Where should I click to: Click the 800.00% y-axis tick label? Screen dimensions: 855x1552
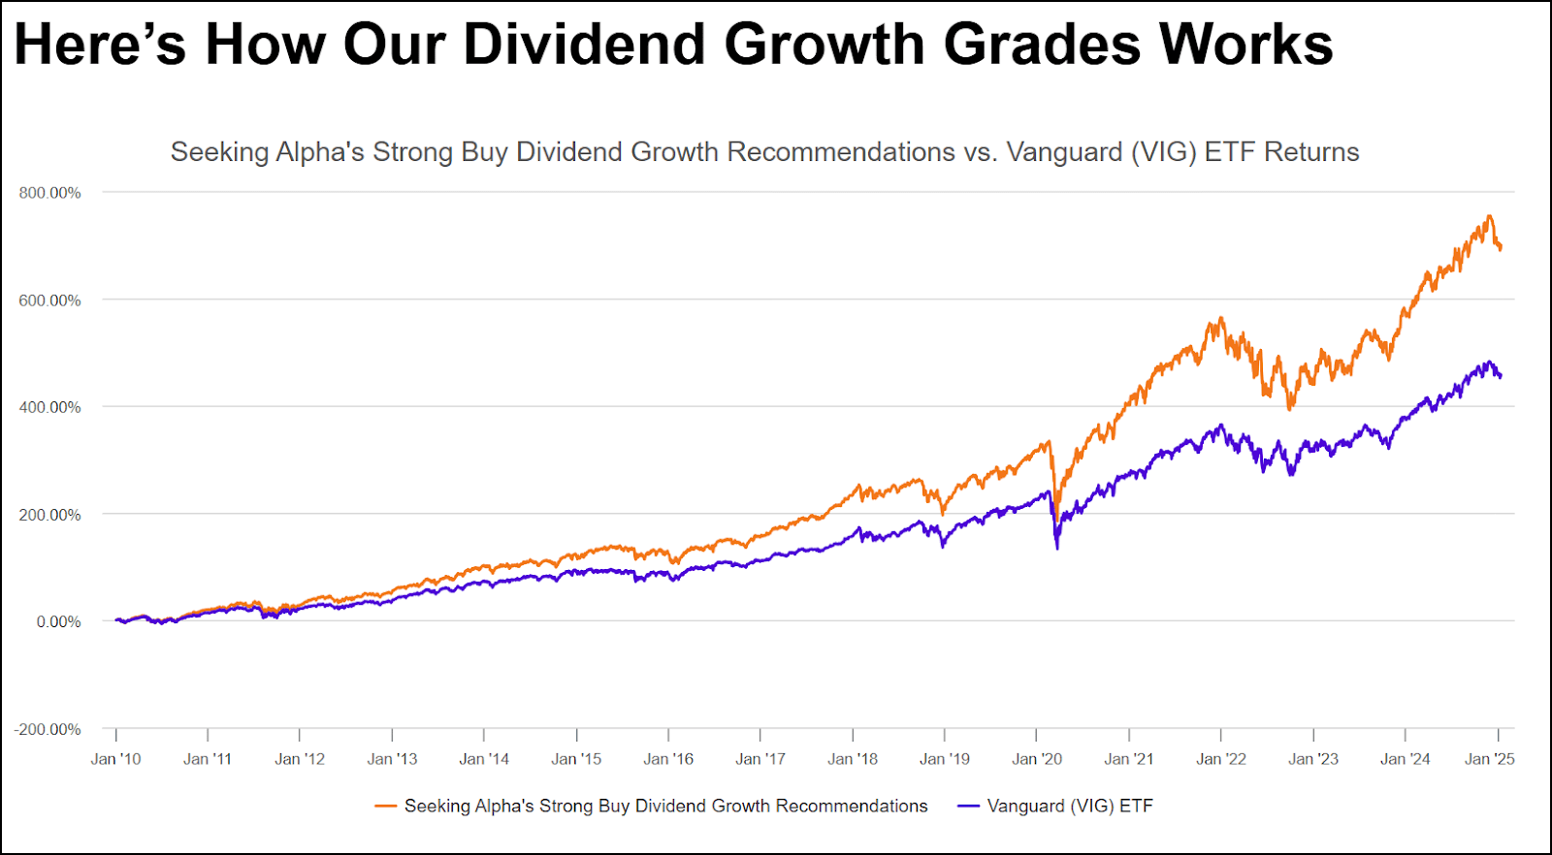49,193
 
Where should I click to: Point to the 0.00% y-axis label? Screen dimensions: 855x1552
58,621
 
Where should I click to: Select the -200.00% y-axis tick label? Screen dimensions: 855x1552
48,729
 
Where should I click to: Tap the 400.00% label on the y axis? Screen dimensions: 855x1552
49,407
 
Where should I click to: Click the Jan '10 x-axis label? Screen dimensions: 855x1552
115,759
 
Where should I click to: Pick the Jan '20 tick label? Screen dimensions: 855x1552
1037,759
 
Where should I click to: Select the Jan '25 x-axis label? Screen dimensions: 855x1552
1489,759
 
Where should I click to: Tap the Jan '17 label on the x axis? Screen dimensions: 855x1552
760,759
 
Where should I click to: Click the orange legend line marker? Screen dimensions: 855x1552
386,807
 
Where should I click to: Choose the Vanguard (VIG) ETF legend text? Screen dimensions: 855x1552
1069,807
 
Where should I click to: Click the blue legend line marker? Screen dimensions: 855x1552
968,807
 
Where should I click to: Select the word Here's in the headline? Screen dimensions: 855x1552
100,45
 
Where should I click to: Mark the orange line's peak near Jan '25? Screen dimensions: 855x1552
1489,216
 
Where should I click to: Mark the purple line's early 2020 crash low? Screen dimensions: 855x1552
1057,549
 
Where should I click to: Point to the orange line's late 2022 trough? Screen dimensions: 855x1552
1289,409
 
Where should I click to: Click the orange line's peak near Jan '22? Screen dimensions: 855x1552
1221,318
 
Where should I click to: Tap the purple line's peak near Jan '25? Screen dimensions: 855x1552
1489,363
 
